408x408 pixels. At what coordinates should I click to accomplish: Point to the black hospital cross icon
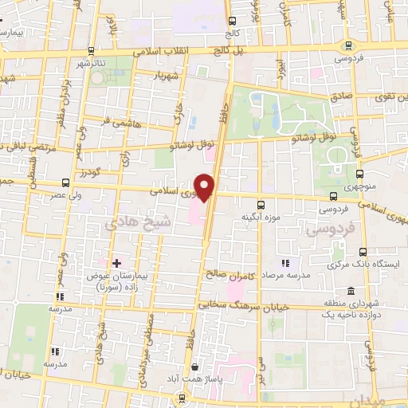pyautogui.click(x=117, y=262)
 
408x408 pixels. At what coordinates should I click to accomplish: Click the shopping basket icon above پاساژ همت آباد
pyautogui.click(x=196, y=367)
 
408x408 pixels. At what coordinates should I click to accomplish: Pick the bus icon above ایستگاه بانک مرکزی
pyautogui.click(x=363, y=251)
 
